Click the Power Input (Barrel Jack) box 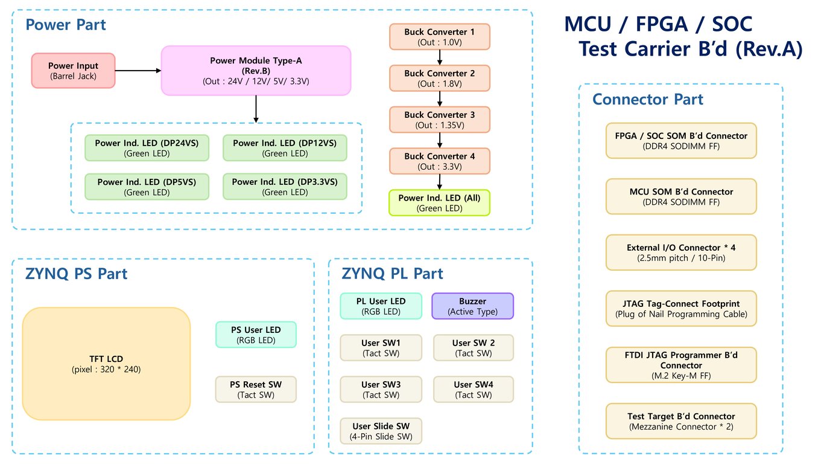coord(73,71)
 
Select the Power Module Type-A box coord(256,71)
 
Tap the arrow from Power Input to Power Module coord(138,71)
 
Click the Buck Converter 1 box coord(439,37)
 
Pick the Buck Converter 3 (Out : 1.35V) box coord(439,120)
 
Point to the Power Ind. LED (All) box coord(439,203)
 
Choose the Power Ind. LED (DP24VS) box coord(147,148)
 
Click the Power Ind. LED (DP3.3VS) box coord(285,187)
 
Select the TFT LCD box coord(106,364)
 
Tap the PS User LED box coord(256,335)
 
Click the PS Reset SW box coord(256,390)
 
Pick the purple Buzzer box coord(472,306)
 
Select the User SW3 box coord(381,390)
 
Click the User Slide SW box coord(381,431)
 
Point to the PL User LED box coord(381,306)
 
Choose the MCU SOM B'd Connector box coord(680,196)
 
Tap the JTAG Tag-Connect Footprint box coord(680,308)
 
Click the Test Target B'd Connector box coord(680,421)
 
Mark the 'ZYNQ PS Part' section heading coord(76,274)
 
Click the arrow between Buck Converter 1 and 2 coord(440,57)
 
